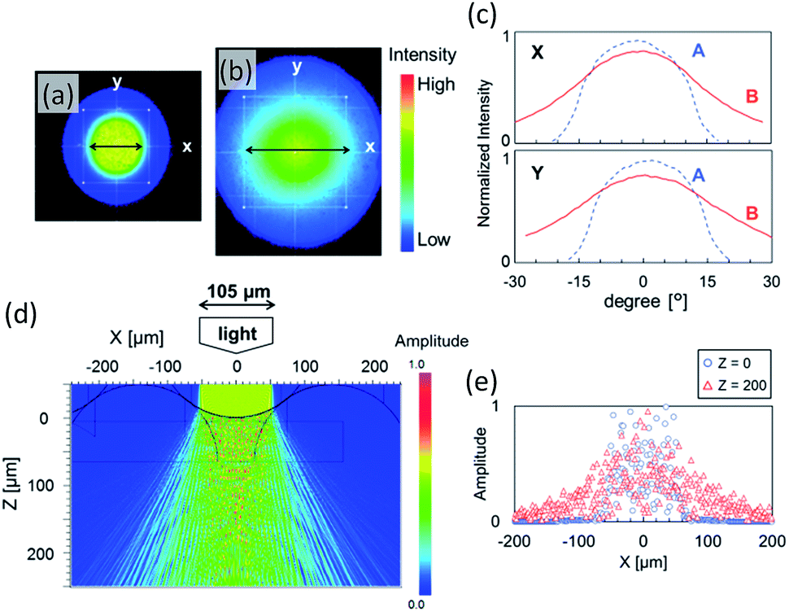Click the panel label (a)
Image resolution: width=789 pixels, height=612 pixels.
(58, 94)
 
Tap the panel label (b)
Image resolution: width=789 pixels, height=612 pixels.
(237, 71)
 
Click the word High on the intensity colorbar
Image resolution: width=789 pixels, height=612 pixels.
(436, 84)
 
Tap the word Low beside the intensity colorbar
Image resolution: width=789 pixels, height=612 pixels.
(434, 239)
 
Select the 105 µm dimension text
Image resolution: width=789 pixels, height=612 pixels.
(238, 291)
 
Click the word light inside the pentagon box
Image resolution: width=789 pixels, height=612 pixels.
(238, 333)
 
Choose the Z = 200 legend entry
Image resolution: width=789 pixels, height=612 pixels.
(735, 386)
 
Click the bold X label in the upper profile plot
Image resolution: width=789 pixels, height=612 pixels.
(538, 52)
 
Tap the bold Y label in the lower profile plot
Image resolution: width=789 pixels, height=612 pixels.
(538, 173)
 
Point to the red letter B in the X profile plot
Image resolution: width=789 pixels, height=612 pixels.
(752, 96)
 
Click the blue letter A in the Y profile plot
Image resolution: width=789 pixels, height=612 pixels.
(699, 175)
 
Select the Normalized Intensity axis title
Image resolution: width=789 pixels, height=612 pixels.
(483, 153)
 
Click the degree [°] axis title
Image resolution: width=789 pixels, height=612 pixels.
(646, 301)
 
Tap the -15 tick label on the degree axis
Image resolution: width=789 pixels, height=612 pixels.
(578, 282)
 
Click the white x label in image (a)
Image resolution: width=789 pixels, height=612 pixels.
(187, 146)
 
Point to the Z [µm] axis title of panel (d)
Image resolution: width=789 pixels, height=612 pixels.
(11, 483)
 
